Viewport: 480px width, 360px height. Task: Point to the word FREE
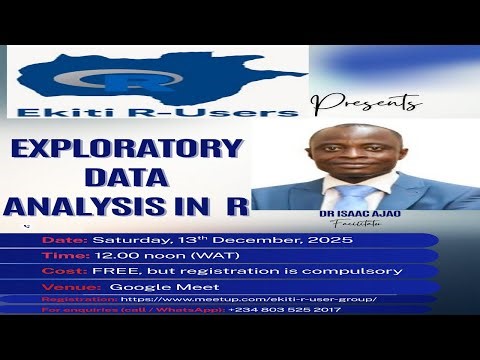(x=111, y=270)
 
